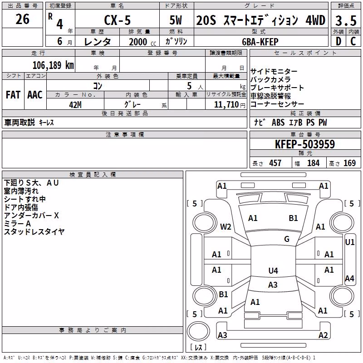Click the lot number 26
[x=22, y=19]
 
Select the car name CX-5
[x=118, y=20]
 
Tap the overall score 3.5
[x=346, y=21]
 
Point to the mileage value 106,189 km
[x=53, y=65]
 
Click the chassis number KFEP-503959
[x=305, y=144]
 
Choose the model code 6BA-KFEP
[x=260, y=42]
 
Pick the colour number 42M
[x=75, y=105]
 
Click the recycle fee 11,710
[x=226, y=104]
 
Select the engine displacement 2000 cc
[x=142, y=42]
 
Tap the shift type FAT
[x=13, y=95]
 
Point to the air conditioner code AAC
[x=35, y=95]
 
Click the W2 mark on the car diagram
[x=226, y=226]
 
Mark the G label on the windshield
[x=287, y=239]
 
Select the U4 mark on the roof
[x=273, y=270]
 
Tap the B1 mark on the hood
[x=293, y=218]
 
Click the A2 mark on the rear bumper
[x=323, y=335]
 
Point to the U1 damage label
[x=349, y=242]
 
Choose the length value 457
[x=275, y=163]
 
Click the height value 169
[x=349, y=163]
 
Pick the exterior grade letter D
[x=338, y=41]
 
